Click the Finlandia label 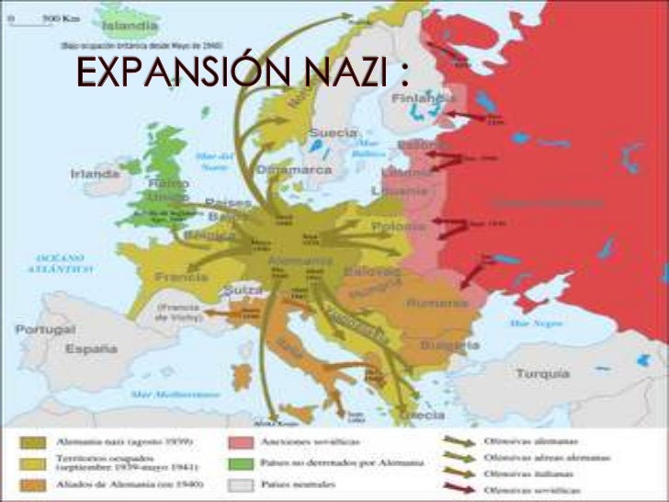pos(429,97)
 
